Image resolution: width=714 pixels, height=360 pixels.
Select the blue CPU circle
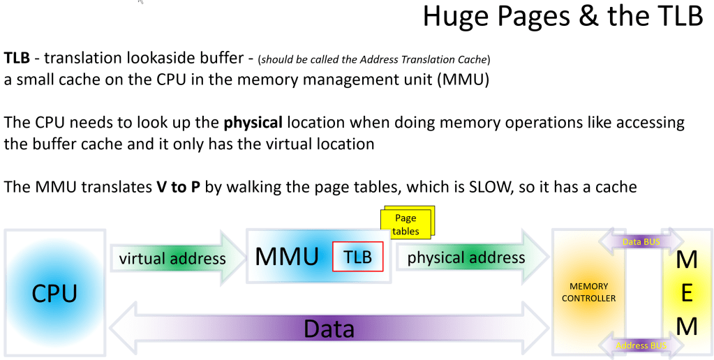pyautogui.click(x=54, y=293)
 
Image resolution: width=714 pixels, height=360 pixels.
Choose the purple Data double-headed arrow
pyautogui.click(x=328, y=329)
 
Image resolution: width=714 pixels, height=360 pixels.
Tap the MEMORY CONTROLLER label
pyautogui.click(x=588, y=292)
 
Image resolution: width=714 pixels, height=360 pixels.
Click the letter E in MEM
pyautogui.click(x=687, y=294)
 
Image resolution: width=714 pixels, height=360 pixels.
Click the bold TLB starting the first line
pyautogui.click(x=17, y=57)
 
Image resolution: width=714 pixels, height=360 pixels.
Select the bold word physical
pyautogui.click(x=253, y=123)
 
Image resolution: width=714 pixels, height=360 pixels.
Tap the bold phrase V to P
pyautogui.click(x=178, y=188)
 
